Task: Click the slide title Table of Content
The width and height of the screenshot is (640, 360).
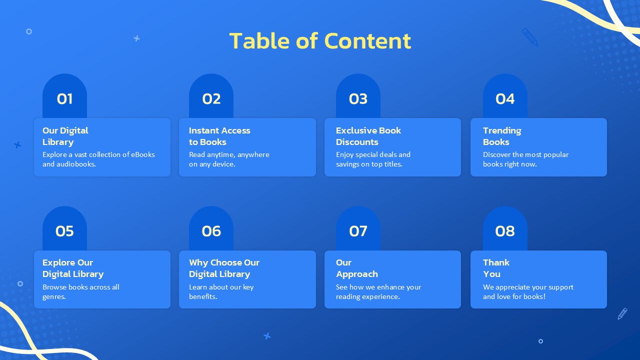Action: pos(320,41)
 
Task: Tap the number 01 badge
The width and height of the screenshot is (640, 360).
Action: pos(64,96)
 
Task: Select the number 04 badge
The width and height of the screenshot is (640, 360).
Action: pos(505,96)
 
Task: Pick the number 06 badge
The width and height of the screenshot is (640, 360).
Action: pos(211,228)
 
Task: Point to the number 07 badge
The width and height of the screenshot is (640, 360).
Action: pos(358,228)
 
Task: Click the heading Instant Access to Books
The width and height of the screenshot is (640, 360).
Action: pos(219,136)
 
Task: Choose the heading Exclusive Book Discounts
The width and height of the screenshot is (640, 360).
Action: pos(368,136)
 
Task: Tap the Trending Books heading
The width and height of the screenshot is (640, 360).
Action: pos(502,136)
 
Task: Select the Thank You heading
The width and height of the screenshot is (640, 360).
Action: pos(496,268)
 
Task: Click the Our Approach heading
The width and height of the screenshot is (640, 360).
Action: pos(357,268)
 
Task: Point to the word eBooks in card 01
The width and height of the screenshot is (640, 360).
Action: pos(143,154)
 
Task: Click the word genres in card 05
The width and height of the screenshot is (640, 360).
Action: pos(54,297)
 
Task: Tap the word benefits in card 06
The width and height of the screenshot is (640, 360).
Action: pos(203,296)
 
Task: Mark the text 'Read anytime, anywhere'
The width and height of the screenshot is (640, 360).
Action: pos(229,155)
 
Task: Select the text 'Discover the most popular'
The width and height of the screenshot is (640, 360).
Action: pos(525,155)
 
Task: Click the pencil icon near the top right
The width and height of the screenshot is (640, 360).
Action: pos(530,37)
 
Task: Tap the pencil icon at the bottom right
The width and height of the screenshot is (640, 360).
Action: pos(622,313)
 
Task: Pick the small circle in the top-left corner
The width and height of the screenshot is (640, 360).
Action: pos(29,31)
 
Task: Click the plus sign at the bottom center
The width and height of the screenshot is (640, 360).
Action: pos(267,336)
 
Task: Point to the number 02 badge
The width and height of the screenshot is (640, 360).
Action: pos(211,96)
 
